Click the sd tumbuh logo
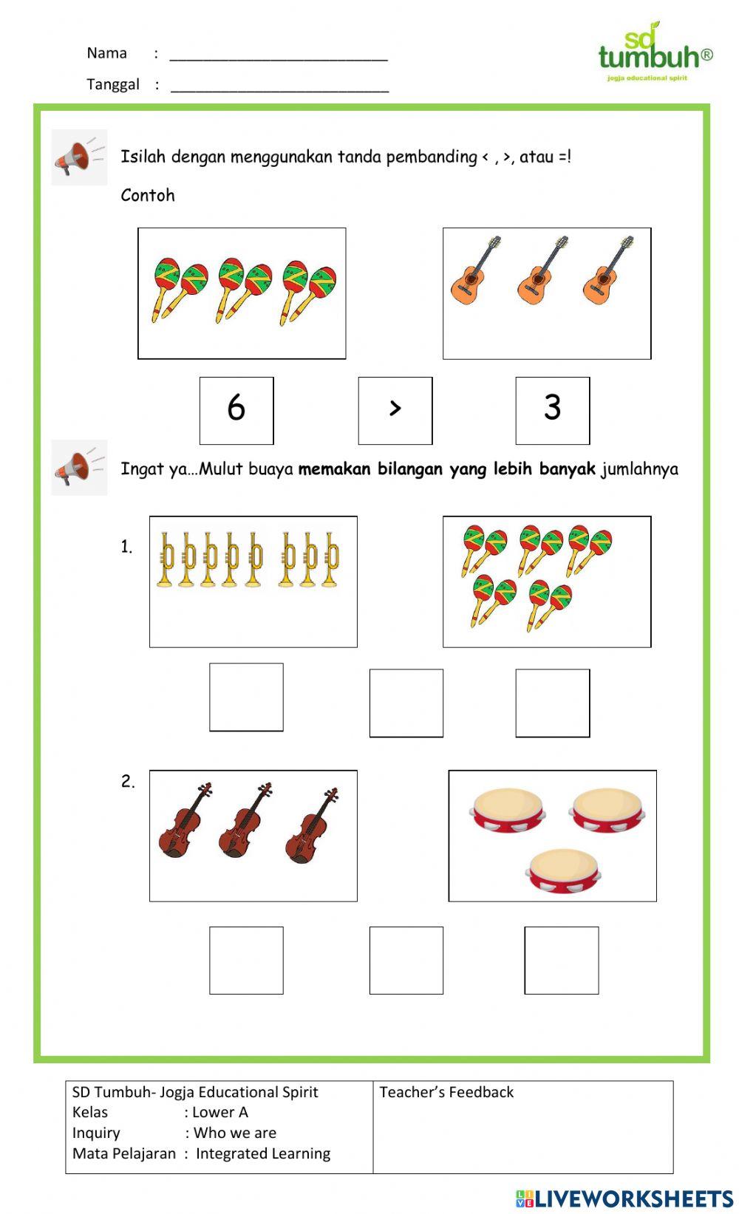655,52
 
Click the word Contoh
148,196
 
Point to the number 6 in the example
236,408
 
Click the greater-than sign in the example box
395,409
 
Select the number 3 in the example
553,408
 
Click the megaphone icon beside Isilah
78,157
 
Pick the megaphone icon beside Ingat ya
78,468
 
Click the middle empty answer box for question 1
406,703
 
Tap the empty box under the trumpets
246,697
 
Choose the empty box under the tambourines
562,960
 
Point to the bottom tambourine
562,870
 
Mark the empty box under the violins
246,960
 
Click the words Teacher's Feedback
446,1092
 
